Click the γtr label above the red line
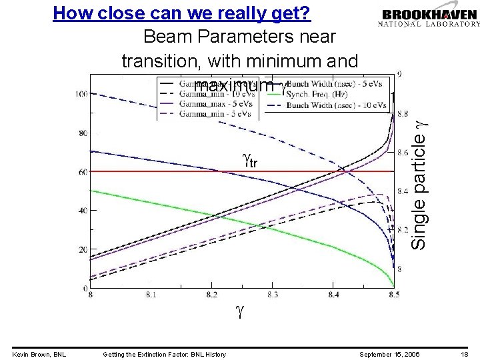(x=251, y=161)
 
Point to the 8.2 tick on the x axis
(x=211, y=294)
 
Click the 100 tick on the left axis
(x=81, y=94)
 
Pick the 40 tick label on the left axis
(x=83, y=211)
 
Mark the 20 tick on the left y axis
(x=83, y=249)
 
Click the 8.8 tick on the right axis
(x=403, y=115)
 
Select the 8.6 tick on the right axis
(x=403, y=153)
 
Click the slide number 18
(x=465, y=354)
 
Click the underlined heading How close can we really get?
(x=182, y=13)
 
